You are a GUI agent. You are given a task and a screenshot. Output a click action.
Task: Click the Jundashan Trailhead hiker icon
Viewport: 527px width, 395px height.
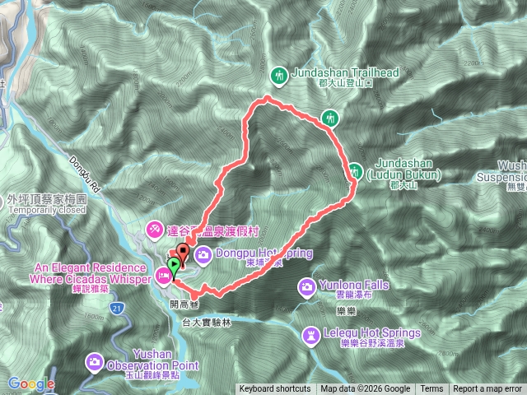point(279,74)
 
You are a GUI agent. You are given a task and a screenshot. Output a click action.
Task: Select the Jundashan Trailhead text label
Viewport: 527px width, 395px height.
point(346,72)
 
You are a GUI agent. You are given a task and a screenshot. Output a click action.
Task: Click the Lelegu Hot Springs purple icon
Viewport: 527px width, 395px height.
point(310,335)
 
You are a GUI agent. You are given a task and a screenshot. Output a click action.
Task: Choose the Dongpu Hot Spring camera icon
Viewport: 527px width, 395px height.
point(202,254)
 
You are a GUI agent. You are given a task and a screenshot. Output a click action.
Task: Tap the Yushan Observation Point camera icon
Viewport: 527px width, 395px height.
point(96,360)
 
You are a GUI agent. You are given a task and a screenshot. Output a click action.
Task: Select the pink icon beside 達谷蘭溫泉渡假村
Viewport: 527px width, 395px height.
point(155,227)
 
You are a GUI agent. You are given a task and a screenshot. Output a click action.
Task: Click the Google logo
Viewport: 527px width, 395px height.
point(31,383)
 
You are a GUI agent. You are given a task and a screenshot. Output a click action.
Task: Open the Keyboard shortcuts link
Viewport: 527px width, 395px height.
point(275,389)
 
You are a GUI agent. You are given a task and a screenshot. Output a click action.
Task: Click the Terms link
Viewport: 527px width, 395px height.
point(431,389)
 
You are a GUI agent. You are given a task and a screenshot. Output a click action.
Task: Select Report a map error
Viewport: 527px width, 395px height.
point(487,389)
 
